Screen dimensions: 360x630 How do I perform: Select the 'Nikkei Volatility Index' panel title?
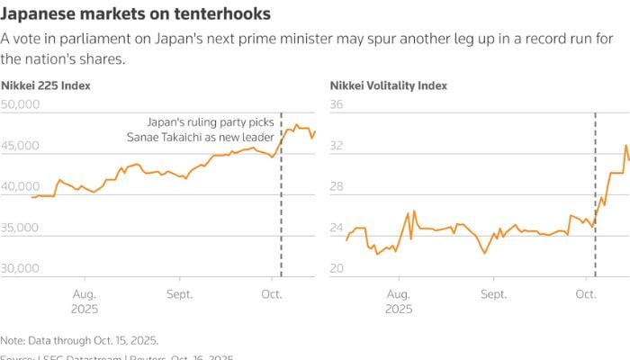coord(388,85)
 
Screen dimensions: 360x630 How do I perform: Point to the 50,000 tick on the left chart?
coord(19,104)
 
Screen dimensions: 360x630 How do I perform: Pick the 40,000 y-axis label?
coord(19,186)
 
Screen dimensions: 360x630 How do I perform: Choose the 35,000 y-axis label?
coord(19,228)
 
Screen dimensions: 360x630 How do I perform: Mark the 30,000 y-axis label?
coord(19,268)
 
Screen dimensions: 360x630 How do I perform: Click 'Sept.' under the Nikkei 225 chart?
coord(179,294)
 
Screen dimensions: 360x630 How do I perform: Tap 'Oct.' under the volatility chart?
coord(586,294)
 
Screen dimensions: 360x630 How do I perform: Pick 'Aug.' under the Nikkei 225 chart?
coord(84,294)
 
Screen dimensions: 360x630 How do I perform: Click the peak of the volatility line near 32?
coord(625,145)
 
